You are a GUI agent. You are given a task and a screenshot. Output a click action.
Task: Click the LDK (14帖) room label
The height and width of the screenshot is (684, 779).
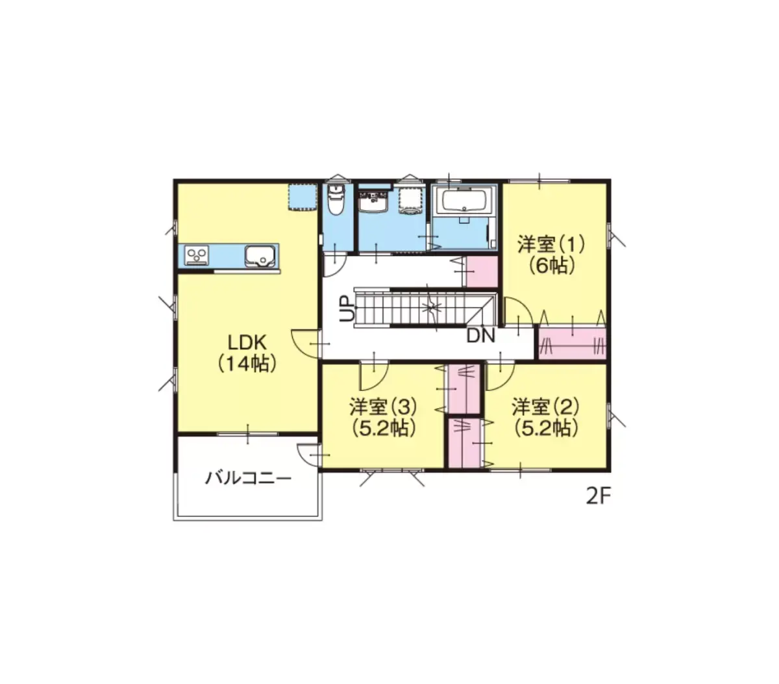click(x=247, y=353)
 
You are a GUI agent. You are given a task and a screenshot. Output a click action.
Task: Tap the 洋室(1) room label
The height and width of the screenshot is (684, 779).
click(x=551, y=255)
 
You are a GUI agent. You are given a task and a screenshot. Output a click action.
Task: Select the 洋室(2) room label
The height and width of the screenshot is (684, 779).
click(x=545, y=418)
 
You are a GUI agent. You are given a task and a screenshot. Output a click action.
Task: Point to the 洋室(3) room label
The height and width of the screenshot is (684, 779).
click(x=383, y=418)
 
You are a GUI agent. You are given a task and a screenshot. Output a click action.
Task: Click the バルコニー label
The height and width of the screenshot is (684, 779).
click(x=248, y=479)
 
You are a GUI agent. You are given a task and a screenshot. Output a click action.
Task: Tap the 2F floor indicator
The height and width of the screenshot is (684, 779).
click(x=599, y=497)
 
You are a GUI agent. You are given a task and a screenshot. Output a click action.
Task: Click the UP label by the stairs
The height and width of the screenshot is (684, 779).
click(x=347, y=308)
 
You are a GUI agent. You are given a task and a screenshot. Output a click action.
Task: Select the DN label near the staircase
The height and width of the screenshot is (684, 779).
click(x=480, y=336)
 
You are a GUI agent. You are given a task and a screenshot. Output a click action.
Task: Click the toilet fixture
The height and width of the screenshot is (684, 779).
click(x=336, y=200)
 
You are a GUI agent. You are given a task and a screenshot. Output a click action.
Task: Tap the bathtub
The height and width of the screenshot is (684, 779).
click(x=464, y=200)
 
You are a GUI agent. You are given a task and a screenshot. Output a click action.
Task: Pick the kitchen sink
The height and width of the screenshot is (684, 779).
click(x=260, y=256)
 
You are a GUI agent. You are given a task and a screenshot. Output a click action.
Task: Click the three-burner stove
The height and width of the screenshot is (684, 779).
click(x=197, y=255)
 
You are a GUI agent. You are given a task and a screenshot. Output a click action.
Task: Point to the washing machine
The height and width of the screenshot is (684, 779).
click(x=412, y=201)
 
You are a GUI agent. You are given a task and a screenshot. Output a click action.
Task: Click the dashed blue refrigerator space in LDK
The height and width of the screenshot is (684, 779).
click(x=303, y=197)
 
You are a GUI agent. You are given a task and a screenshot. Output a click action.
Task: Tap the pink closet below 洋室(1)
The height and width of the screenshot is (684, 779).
click(x=572, y=342)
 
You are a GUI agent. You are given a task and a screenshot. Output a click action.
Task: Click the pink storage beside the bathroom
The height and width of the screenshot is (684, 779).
click(x=482, y=271)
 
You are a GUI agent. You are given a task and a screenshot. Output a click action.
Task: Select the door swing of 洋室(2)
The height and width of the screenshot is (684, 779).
click(x=500, y=376)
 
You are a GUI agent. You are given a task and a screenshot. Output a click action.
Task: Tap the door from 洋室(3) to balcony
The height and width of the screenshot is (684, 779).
click(x=309, y=455)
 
